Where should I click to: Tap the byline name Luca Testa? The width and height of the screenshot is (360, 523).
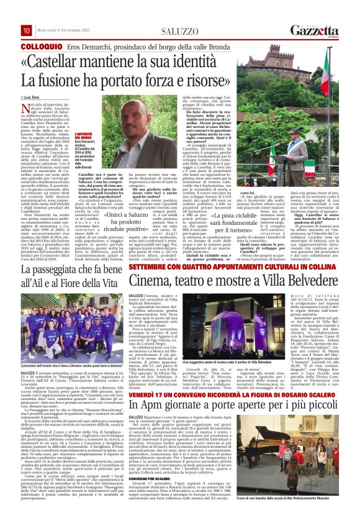pyautogui.click(x=42, y=99)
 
